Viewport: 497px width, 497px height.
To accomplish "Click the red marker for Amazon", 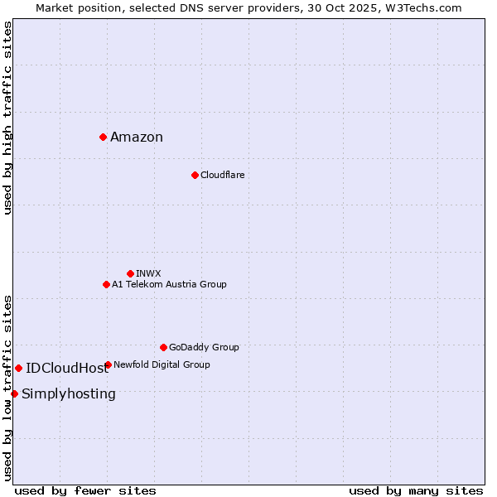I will pos(103,137).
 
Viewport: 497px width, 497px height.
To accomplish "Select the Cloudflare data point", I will pos(195,175).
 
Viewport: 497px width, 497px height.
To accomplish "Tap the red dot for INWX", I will pos(130,273).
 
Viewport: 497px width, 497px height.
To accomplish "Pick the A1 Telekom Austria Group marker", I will pos(106,284).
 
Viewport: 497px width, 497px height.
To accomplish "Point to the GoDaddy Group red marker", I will pos(163,347).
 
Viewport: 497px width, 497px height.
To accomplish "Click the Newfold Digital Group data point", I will pos(108,364).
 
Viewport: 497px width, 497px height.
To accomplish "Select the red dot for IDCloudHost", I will pos(18,368).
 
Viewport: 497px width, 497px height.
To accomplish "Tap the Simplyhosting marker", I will pos(14,393).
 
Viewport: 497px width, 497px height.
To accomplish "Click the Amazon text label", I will pos(137,138).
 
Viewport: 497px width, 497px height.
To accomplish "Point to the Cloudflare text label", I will pos(222,175).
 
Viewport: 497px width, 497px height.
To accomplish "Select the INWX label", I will pos(148,273).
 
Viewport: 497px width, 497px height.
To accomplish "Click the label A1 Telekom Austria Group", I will pos(169,284).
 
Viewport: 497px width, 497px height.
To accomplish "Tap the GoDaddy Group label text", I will pos(204,347).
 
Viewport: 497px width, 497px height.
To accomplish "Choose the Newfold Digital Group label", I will pos(162,364).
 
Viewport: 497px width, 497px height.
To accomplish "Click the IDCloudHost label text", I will pos(67,369).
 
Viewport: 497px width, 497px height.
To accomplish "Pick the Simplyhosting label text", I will pos(69,394).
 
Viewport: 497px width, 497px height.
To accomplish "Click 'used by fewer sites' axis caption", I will pos(85,490).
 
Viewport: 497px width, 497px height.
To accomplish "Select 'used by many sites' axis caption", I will pos(416,490).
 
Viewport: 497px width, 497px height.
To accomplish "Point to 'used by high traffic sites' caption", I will pos(8,118).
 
